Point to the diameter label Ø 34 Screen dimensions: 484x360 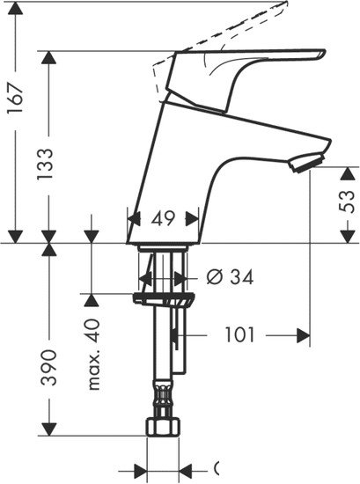coord(230,277)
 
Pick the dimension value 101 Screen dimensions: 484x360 coord(239,335)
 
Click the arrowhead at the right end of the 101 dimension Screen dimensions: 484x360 coord(305,335)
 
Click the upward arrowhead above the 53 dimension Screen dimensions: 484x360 coord(345,174)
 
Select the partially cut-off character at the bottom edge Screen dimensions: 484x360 coord(217,468)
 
